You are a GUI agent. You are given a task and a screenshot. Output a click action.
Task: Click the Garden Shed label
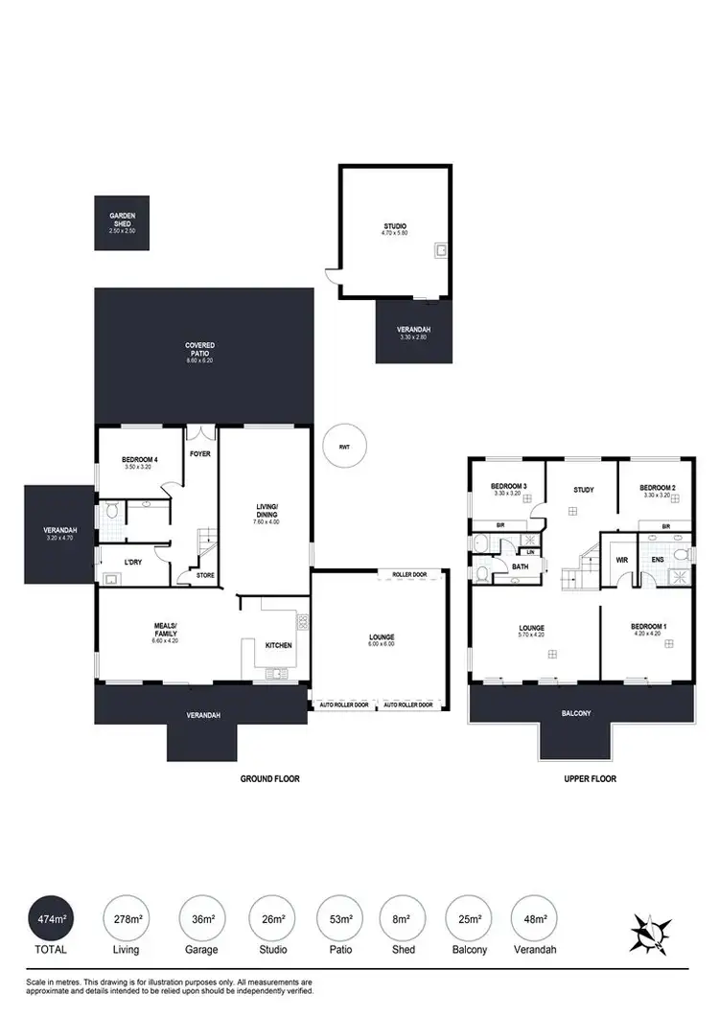[x=122, y=220]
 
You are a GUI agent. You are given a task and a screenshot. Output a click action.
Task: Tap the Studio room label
[x=394, y=229]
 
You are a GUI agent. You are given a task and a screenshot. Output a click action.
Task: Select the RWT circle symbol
[x=343, y=447]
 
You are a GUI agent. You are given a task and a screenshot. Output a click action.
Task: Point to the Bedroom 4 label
[x=139, y=463]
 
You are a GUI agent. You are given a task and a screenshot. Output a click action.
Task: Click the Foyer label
[x=200, y=453]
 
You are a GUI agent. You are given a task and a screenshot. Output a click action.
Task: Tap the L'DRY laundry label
[x=133, y=562]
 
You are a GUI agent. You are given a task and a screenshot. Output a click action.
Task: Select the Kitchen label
[x=279, y=645]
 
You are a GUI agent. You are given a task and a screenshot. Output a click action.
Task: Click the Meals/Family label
[x=165, y=633]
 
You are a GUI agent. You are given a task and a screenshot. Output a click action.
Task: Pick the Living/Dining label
[x=266, y=510]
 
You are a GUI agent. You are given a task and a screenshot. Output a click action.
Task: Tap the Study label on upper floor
[x=583, y=490]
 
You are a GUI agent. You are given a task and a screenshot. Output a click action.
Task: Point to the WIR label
[x=621, y=559]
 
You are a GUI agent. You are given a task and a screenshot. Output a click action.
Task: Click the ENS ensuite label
[x=657, y=559]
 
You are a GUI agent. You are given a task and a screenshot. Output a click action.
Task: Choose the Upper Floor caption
[x=590, y=779]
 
